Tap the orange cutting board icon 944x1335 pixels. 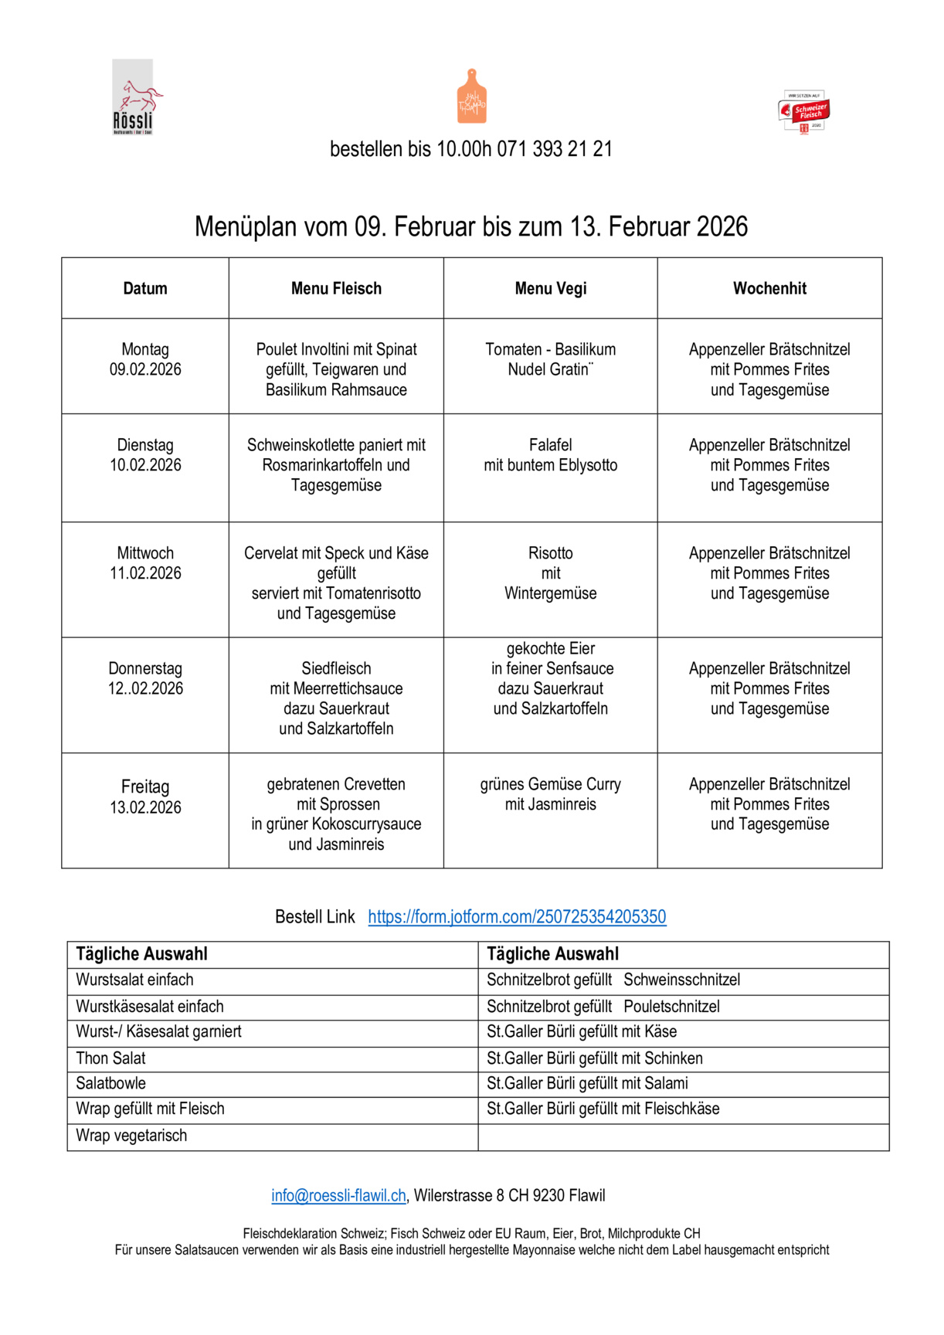tap(471, 97)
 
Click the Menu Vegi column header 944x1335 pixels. tap(551, 288)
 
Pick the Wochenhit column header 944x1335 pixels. tap(769, 288)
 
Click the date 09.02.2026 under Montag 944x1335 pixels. tap(145, 370)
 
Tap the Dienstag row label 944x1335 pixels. tap(145, 445)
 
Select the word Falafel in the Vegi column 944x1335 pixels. tap(551, 445)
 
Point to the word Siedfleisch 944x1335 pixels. tap(336, 668)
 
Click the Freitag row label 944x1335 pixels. tap(145, 786)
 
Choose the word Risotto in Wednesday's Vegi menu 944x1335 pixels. tap(551, 553)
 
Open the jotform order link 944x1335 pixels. tap(517, 917)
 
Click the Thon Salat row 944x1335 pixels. tap(111, 1058)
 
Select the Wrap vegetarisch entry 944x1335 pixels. tap(131, 1136)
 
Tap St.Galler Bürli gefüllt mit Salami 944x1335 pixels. tap(587, 1083)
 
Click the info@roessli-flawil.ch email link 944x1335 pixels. tap(338, 1196)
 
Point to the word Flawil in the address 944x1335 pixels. tap(586, 1196)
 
